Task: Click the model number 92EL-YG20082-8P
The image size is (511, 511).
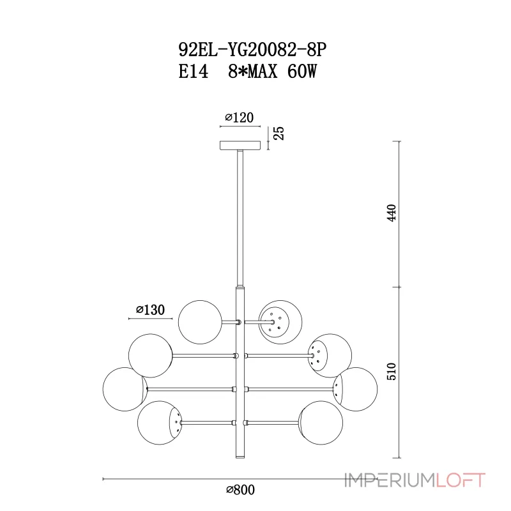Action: pyautogui.click(x=252, y=50)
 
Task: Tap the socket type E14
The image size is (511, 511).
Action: pyautogui.click(x=194, y=72)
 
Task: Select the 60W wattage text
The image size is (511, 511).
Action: pyautogui.click(x=301, y=72)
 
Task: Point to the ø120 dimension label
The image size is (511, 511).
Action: pyautogui.click(x=240, y=118)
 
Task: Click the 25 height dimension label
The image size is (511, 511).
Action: pyautogui.click(x=279, y=133)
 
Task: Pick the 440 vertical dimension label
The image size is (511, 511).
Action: pyautogui.click(x=392, y=213)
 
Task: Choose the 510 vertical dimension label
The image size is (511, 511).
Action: pyautogui.click(x=392, y=371)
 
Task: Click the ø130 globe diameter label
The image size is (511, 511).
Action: pyautogui.click(x=150, y=310)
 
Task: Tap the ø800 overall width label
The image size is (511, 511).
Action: pyautogui.click(x=241, y=489)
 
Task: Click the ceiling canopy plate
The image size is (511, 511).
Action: pyautogui.click(x=240, y=146)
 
